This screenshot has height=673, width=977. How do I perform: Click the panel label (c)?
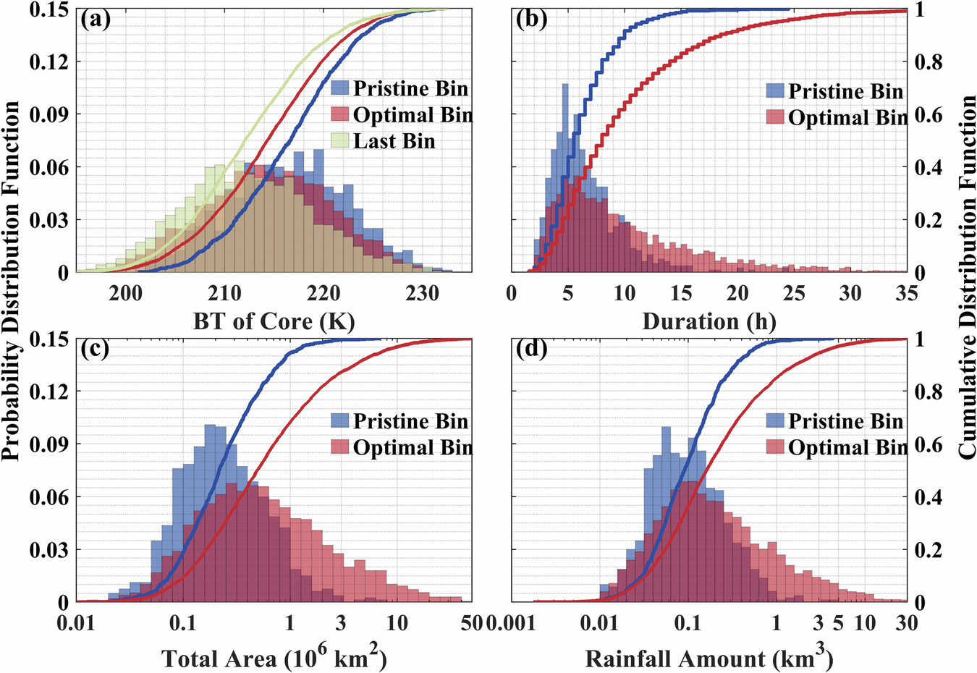click(x=96, y=349)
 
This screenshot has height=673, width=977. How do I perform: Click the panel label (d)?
click(x=532, y=349)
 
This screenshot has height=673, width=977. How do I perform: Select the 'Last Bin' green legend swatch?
click(x=341, y=141)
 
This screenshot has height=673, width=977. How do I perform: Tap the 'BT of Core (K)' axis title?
click(x=274, y=321)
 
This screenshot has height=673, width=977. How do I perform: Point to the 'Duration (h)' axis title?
click(x=709, y=321)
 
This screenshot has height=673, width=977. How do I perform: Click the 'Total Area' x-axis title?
click(x=274, y=658)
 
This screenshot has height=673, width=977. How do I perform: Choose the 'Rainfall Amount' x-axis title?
click(x=709, y=658)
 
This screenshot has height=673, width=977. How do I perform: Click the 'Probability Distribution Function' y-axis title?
click(x=12, y=281)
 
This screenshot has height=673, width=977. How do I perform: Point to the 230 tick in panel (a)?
click(x=422, y=293)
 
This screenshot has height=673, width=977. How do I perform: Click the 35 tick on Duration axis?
click(x=906, y=293)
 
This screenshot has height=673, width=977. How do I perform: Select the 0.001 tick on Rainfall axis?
click(x=510, y=622)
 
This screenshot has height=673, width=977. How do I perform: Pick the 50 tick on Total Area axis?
click(x=471, y=622)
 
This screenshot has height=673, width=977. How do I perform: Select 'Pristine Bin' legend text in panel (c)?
click(x=410, y=421)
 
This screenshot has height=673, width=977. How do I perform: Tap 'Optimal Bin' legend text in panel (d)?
click(x=847, y=448)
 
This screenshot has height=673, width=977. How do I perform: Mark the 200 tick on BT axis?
click(x=125, y=293)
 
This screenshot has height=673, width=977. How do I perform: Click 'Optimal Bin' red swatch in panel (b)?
click(x=775, y=117)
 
